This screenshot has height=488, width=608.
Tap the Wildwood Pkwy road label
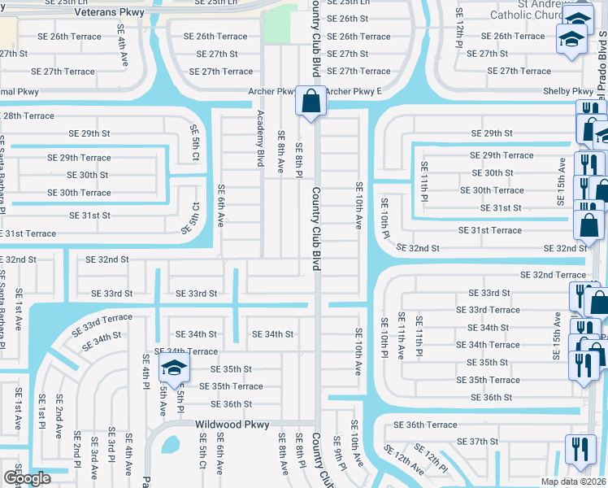[x=232, y=425]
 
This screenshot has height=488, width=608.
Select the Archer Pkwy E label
[x=354, y=91]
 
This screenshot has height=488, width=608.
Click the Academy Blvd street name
[x=261, y=138]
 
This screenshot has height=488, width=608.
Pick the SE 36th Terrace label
[x=425, y=425]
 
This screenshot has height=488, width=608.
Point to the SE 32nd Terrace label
[x=553, y=275]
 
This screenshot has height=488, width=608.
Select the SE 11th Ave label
[x=401, y=336]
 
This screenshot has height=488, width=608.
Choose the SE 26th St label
[x=347, y=19]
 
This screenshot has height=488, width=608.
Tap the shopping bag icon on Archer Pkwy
[x=311, y=102]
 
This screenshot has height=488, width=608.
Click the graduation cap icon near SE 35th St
[x=174, y=368]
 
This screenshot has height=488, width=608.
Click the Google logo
[x=27, y=478]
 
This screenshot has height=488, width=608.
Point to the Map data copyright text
[x=573, y=481]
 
